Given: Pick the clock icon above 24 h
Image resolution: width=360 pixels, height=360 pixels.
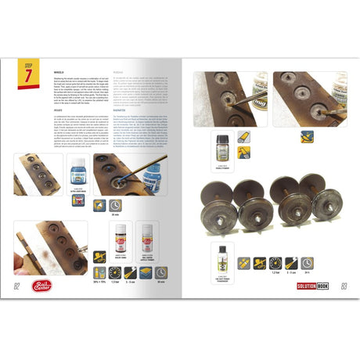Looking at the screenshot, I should coord(329,263).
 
